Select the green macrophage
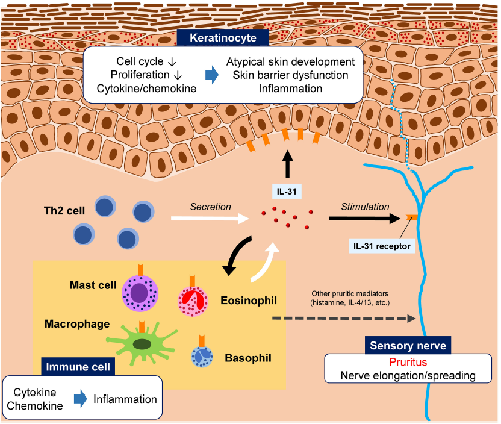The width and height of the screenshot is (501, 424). pos(142,343)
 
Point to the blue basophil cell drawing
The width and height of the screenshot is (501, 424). pos(201,357)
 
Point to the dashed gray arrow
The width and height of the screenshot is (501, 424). pos(343,317)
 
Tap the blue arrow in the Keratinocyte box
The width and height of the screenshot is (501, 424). pos(211,75)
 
